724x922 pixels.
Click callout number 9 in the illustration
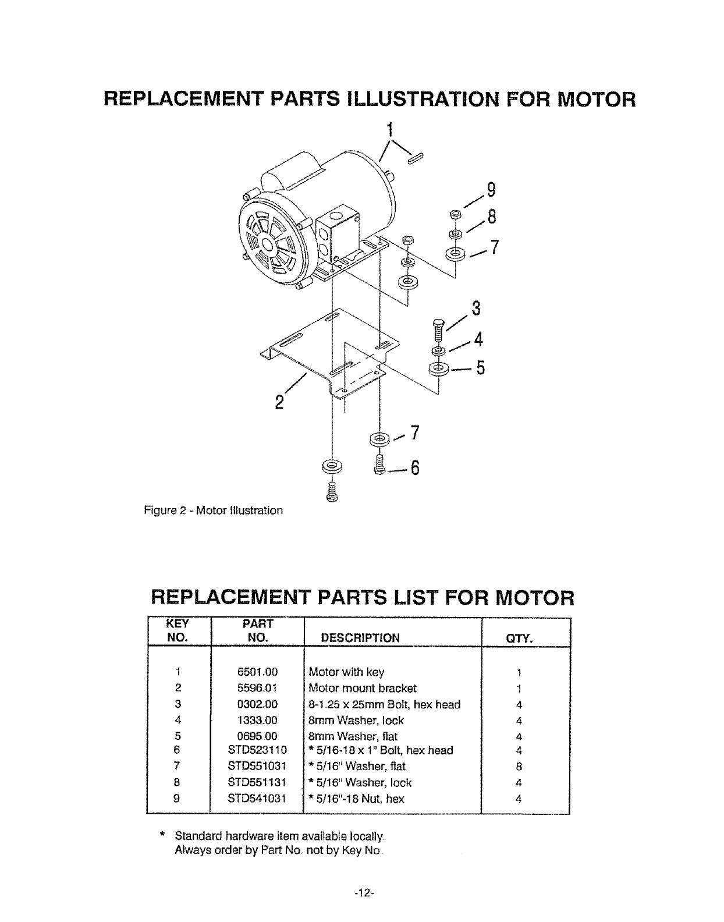[491, 190]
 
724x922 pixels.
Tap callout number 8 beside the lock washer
[491, 217]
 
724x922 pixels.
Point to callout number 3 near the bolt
[475, 308]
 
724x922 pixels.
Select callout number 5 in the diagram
[480, 368]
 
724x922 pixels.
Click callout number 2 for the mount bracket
[280, 402]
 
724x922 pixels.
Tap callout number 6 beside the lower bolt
[414, 469]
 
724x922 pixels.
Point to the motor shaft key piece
[416, 157]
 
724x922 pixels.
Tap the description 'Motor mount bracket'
[363, 688]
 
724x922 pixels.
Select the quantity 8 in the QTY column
[518, 767]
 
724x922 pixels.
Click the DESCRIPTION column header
[360, 638]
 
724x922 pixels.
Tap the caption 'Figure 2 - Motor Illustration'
[213, 510]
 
